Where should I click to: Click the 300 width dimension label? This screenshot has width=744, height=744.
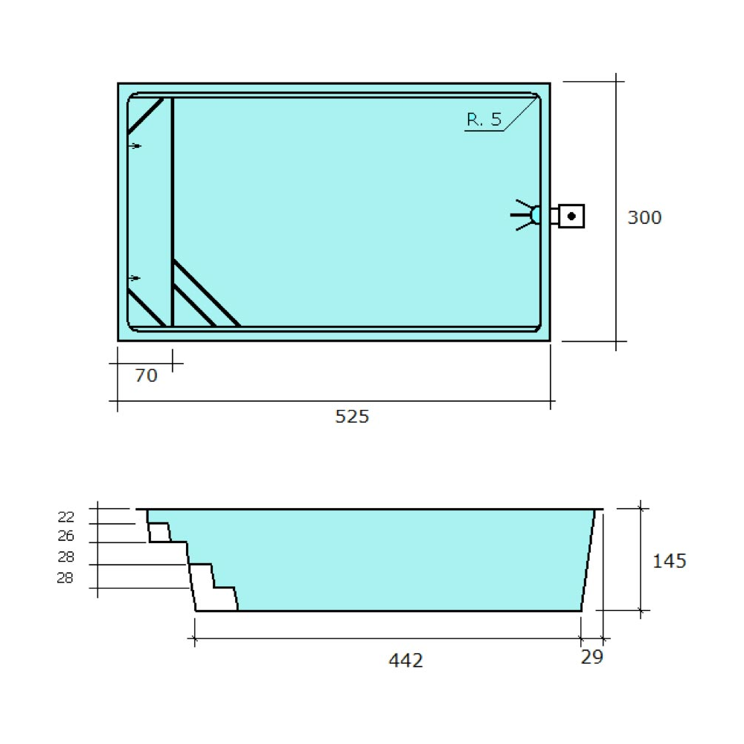(x=644, y=217)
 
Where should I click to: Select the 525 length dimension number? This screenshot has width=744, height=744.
(x=352, y=416)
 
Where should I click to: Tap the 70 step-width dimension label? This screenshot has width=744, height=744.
(x=146, y=375)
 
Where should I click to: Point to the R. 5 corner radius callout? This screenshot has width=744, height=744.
(x=484, y=119)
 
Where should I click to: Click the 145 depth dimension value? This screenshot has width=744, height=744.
(x=669, y=561)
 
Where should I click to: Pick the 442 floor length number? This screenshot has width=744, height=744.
(x=405, y=660)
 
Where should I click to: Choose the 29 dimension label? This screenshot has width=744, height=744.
(x=591, y=657)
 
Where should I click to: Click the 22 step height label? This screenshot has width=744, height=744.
(x=65, y=516)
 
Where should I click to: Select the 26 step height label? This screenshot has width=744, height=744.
(x=65, y=536)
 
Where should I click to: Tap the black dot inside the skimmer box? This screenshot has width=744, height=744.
(x=571, y=216)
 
